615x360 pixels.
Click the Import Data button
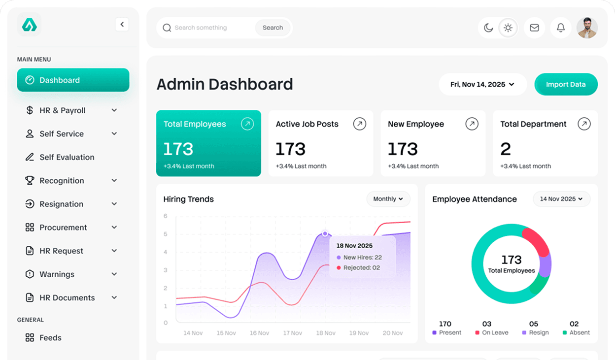point(566,84)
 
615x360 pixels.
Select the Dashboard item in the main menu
point(73,80)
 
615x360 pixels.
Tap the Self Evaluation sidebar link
point(67,157)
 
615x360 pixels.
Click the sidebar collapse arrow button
point(122,24)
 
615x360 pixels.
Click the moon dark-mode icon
point(488,28)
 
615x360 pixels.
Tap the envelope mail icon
point(534,28)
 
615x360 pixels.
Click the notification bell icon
point(560,28)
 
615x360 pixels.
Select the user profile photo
point(587,28)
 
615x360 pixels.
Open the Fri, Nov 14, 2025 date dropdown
point(482,84)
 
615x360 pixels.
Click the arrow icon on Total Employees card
point(247,124)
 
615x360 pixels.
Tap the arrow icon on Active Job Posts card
point(360,124)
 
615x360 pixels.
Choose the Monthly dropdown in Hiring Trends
point(388,199)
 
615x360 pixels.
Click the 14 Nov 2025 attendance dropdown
point(561,199)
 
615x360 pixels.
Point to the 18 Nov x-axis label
point(326,333)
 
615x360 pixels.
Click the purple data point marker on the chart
point(325,233)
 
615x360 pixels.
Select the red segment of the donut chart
point(537,240)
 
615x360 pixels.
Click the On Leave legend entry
point(491,332)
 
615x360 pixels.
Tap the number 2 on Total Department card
point(506,149)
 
